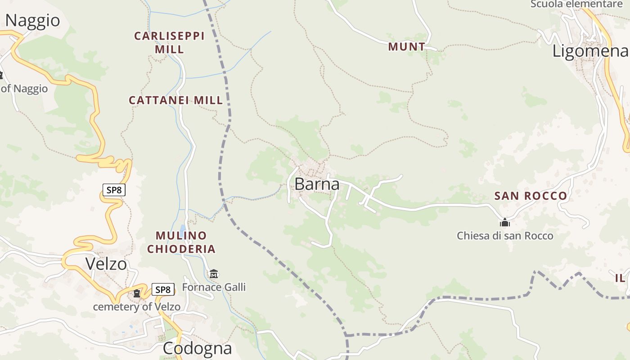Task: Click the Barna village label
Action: [x=317, y=184]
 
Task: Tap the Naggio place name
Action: [x=32, y=20]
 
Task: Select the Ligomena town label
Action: [x=590, y=51]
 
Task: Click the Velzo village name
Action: [x=106, y=264]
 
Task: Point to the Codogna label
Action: [x=197, y=348]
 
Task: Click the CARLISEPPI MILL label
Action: [x=169, y=42]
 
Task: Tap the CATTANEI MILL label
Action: [x=176, y=100]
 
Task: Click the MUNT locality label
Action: [x=406, y=46]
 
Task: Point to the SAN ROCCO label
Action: [x=531, y=196]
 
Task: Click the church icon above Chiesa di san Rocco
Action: [x=505, y=222]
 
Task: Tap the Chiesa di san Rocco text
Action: [x=505, y=235]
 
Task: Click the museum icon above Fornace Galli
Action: [x=214, y=274]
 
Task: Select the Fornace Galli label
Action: [x=214, y=287]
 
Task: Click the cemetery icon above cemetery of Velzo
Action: [x=136, y=293]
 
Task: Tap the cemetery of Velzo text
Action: [x=136, y=307]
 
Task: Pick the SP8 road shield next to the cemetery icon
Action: [x=162, y=289]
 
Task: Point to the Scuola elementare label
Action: [x=576, y=4]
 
